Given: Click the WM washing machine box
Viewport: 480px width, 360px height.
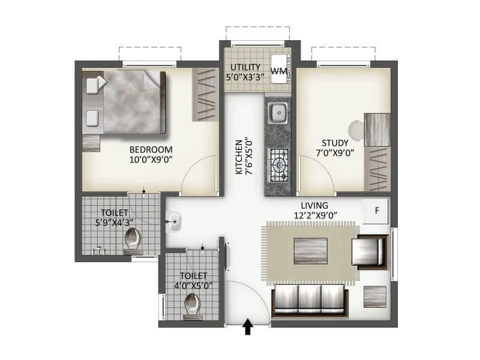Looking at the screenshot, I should [279, 71].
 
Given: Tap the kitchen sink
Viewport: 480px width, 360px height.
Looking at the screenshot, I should [277, 112].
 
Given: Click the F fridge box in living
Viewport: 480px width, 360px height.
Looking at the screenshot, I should [377, 211].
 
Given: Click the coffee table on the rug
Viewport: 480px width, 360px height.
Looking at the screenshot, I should [310, 251].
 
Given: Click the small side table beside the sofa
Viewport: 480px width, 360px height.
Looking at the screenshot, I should [375, 297].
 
